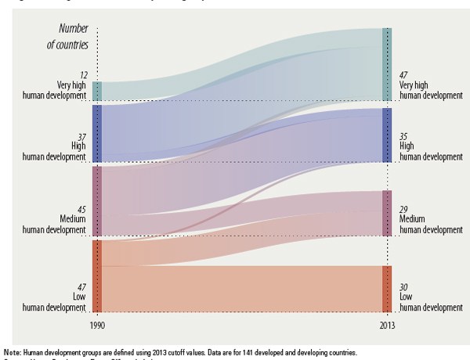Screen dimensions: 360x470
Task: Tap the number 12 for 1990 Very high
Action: click(81, 74)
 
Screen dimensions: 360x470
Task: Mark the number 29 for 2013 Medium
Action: click(403, 208)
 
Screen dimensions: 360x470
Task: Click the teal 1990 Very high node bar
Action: click(97, 91)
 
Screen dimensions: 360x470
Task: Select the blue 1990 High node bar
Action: click(97, 132)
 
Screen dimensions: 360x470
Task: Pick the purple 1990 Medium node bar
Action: click(97, 200)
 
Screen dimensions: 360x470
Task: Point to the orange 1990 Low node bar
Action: click(97, 275)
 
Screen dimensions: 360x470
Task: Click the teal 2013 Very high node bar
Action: click(386, 64)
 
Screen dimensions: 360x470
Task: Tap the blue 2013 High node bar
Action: click(386, 135)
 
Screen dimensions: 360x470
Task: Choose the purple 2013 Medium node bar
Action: click(386, 213)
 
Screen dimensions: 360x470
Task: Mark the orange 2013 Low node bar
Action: click(386, 288)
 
